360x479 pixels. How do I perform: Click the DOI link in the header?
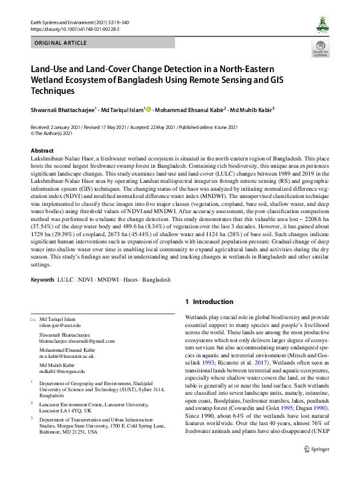point(70,28)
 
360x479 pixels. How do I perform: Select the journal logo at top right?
point(321,25)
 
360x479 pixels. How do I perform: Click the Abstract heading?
point(42,150)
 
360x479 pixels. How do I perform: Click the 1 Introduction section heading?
point(209,302)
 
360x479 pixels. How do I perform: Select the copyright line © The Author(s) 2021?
point(55,133)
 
